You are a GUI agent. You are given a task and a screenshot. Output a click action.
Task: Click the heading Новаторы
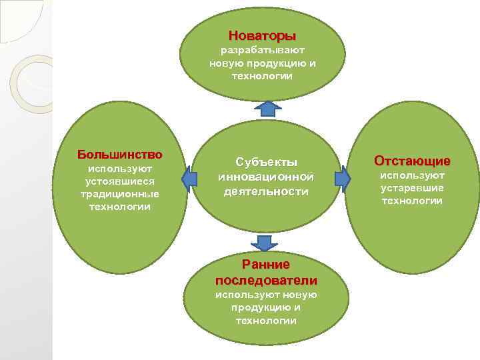coord(262,35)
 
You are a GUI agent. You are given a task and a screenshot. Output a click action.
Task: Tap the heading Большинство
coord(119,155)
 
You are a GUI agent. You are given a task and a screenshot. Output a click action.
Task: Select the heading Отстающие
coord(412,161)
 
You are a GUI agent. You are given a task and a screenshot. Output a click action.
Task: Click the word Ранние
coord(266,265)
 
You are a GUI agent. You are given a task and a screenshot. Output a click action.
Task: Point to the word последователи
coord(266,279)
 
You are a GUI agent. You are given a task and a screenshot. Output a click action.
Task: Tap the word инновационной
coord(266,177)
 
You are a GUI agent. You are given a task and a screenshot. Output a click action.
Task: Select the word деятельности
coord(266,191)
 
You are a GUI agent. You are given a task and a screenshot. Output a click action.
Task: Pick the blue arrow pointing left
coord(190,177)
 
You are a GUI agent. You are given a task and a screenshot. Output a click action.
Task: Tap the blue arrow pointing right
coord(343,177)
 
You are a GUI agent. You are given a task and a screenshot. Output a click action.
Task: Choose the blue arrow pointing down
coord(261,243)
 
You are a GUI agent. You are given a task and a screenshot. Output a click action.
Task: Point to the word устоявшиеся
coord(120,181)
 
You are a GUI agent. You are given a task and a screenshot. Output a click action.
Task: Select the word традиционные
coord(120,194)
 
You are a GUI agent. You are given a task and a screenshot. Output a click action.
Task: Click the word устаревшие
coord(412,188)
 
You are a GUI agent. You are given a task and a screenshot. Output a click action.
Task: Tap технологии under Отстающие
coord(412,201)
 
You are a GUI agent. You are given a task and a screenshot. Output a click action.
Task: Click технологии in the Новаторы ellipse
coord(262,76)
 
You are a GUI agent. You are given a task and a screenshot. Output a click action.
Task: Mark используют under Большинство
coord(120,169)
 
